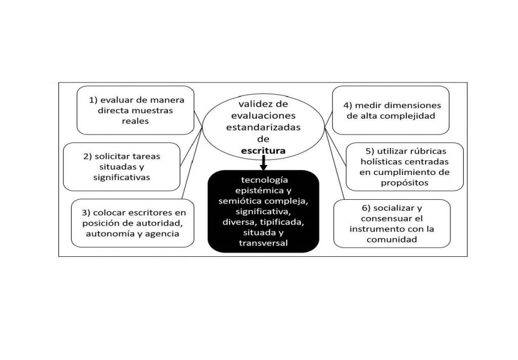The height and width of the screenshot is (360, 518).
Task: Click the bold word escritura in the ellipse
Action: click(x=263, y=151)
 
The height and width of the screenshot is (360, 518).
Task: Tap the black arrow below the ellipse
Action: click(x=263, y=163)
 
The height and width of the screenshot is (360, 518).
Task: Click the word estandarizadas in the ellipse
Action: click(x=263, y=127)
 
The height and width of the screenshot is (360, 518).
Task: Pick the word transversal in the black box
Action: click(x=263, y=243)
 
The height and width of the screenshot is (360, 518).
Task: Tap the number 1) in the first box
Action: click(x=93, y=100)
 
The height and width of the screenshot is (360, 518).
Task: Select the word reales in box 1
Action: click(x=136, y=121)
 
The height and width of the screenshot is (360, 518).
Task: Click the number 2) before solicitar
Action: click(x=88, y=156)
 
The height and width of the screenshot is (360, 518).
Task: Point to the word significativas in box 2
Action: click(x=121, y=177)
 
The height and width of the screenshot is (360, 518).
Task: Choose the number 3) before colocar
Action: click(x=86, y=213)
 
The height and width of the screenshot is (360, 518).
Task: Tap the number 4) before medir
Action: click(x=348, y=106)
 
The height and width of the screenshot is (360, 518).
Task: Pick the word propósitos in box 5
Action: click(x=404, y=183)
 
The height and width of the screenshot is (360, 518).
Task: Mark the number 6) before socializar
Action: click(x=367, y=208)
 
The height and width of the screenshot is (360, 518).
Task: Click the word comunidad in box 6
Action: click(x=392, y=240)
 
